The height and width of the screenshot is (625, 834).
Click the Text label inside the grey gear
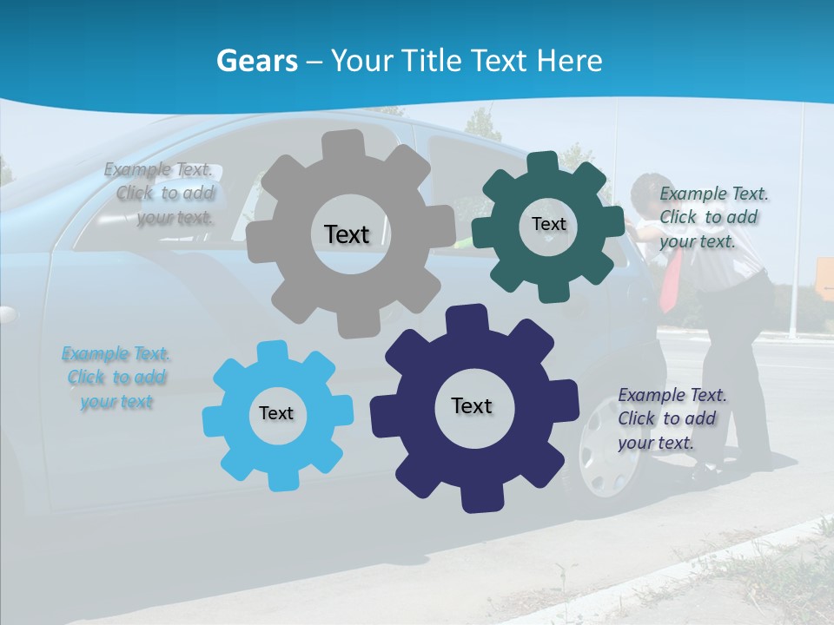tap(347, 234)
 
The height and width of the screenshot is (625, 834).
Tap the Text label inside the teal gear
tap(548, 224)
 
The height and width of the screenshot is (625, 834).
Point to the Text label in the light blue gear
tap(276, 413)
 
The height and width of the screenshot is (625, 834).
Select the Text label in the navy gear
tap(472, 405)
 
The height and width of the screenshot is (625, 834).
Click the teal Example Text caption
tap(712, 217)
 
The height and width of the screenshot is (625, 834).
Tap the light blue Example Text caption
tap(116, 378)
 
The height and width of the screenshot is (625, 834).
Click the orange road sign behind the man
tap(824, 278)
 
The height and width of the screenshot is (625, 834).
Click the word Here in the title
tap(571, 61)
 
